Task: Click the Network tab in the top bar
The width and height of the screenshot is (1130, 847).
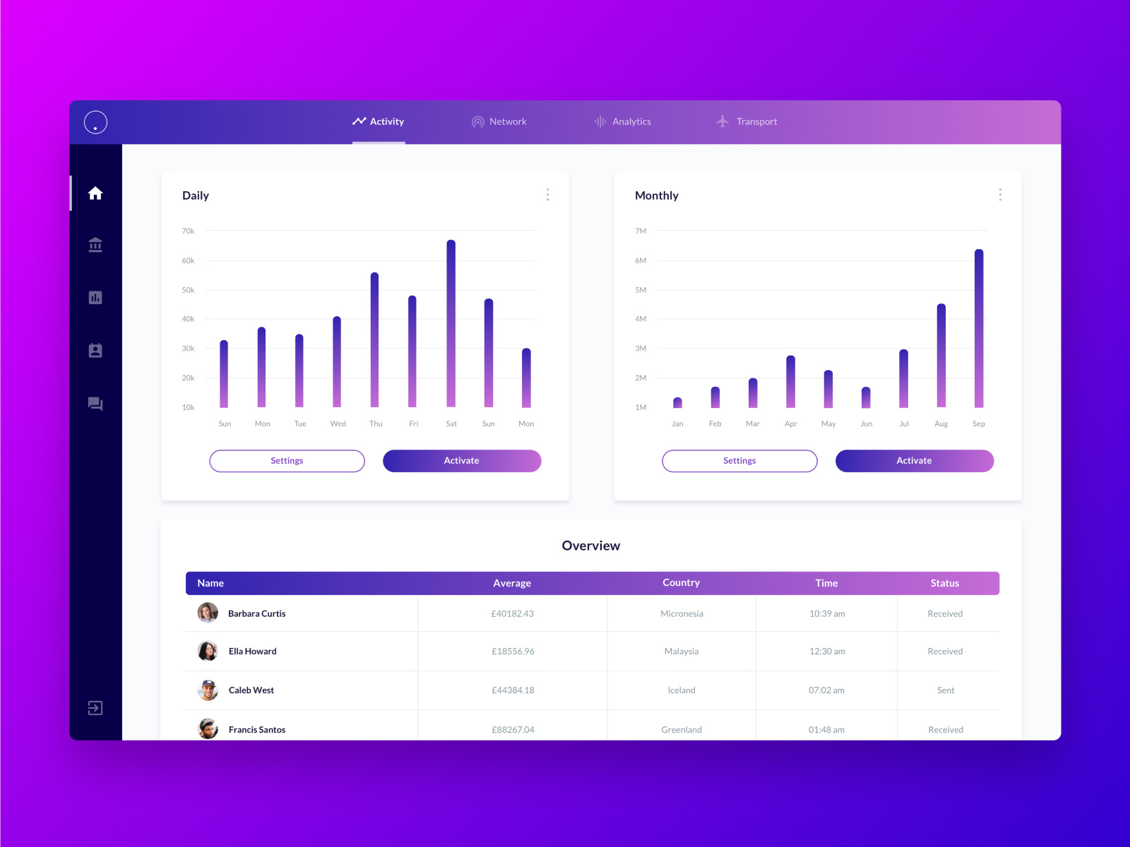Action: [500, 122]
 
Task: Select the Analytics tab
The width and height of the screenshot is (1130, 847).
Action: [623, 122]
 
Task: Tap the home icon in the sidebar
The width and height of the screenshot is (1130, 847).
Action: [95, 193]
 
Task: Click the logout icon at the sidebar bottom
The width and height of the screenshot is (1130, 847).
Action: [95, 708]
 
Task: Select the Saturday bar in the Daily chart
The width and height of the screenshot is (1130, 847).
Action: [451, 324]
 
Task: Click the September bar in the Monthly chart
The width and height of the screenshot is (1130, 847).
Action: [979, 329]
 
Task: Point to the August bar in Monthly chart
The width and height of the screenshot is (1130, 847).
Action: [941, 356]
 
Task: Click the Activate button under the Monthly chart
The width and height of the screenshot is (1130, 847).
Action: [915, 461]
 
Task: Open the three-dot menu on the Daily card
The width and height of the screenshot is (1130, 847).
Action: [547, 195]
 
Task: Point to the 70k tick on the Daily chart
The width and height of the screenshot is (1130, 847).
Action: [189, 231]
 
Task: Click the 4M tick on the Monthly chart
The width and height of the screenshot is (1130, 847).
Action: [641, 319]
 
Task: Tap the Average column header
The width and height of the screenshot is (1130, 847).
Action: [512, 583]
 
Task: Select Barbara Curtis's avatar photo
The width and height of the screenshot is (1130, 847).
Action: [208, 613]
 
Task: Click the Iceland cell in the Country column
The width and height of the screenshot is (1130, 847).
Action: [682, 690]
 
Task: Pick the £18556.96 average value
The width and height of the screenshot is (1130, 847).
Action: [513, 651]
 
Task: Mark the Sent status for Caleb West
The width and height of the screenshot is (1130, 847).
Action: [946, 690]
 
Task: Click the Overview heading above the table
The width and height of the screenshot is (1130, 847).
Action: [591, 546]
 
